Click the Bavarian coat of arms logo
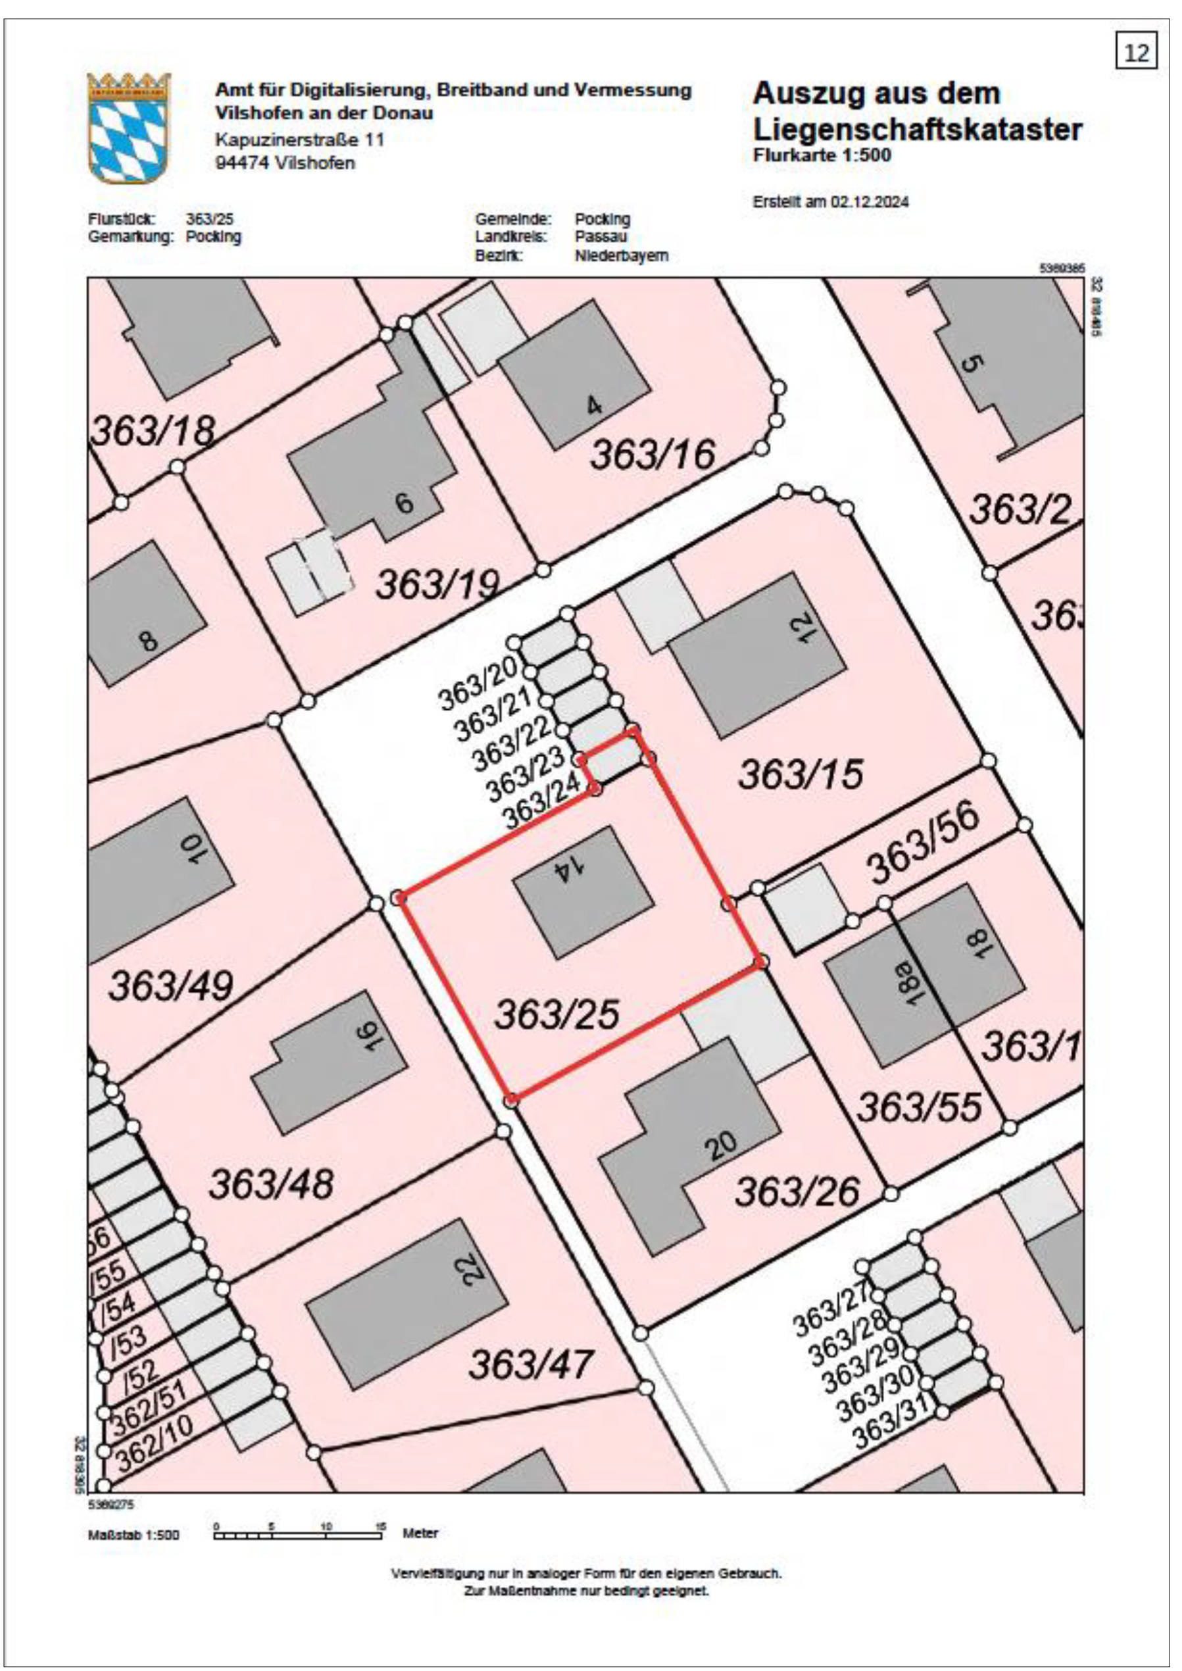coord(129,128)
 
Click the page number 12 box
coord(1136,53)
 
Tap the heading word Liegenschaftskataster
coord(917,130)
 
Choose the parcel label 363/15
coord(800,774)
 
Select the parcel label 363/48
coord(271,1183)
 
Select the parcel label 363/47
coord(531,1364)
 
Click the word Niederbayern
coord(621,255)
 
